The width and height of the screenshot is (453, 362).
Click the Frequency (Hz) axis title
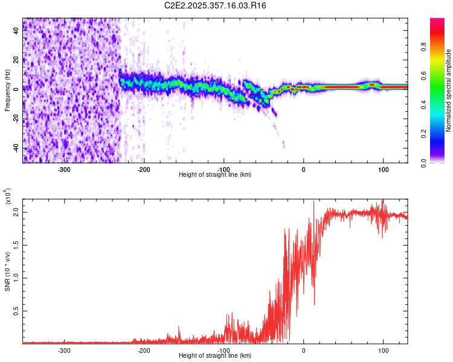[7, 91]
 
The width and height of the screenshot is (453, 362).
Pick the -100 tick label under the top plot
[223, 169]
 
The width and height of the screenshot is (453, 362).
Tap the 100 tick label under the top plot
[383, 169]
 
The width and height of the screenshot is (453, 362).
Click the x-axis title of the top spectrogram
[215, 175]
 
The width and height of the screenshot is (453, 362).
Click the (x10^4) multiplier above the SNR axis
[7, 197]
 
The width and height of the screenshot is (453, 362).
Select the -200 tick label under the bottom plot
[144, 350]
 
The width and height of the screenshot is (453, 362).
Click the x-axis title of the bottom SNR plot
[215, 356]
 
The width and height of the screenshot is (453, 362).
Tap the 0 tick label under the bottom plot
[304, 350]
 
